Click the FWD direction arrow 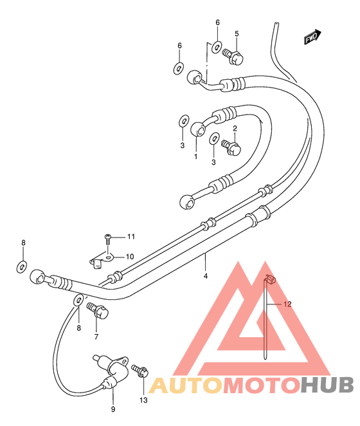(312, 37)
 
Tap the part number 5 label (237, 33)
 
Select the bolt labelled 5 (233, 56)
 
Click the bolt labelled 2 (231, 147)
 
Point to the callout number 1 (195, 156)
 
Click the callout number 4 (206, 276)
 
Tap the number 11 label (131, 237)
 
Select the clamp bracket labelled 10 (101, 260)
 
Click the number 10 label (130, 257)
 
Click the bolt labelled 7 (98, 311)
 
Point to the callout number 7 (96, 337)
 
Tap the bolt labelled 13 (140, 371)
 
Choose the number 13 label (143, 400)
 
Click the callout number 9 (113, 409)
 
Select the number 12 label (287, 304)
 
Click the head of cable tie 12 (271, 279)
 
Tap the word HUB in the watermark (327, 385)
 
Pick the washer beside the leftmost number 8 (22, 266)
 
